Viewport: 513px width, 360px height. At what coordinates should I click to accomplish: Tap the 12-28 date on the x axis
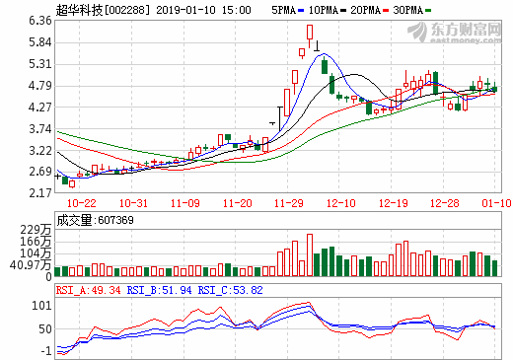point(446,202)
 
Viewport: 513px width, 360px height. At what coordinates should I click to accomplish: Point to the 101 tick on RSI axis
point(42,304)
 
